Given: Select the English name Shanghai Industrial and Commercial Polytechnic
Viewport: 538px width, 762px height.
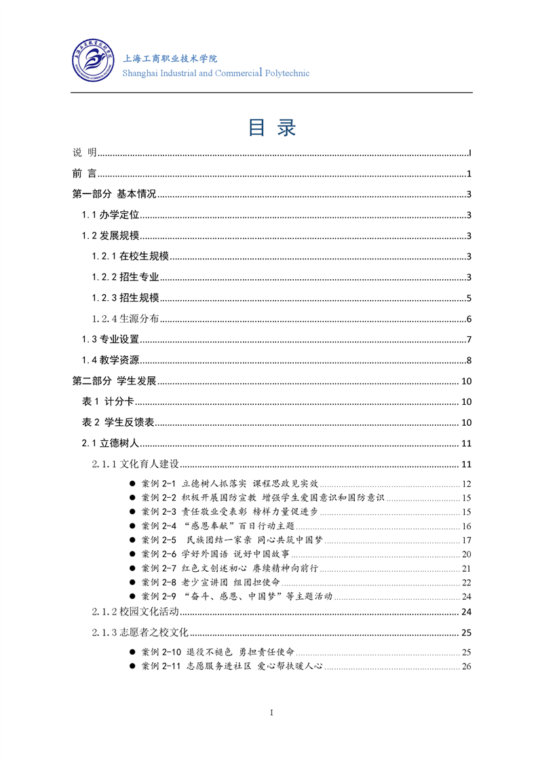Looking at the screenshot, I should point(215,73).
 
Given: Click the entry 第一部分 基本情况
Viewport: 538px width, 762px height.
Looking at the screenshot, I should point(115,194).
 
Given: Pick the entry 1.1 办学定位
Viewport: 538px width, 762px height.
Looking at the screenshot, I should point(111,215).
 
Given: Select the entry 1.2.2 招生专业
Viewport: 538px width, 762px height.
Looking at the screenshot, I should point(126,277).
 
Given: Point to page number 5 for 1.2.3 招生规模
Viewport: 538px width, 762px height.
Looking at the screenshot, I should point(469,298).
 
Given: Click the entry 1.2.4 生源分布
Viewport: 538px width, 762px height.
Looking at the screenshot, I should point(126,319).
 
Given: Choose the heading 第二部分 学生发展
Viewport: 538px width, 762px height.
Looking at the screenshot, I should point(115,381).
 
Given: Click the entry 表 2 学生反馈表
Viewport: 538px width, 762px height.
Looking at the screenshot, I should point(118,422).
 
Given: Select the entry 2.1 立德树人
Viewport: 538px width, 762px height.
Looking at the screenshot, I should point(111,443).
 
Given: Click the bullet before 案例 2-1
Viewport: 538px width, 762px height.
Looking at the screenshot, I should point(132,484).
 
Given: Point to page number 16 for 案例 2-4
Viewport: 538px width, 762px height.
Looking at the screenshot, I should point(466,526).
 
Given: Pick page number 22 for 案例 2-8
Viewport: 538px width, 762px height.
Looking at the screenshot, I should point(466,582).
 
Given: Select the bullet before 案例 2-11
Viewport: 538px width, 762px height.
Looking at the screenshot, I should point(132,666).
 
